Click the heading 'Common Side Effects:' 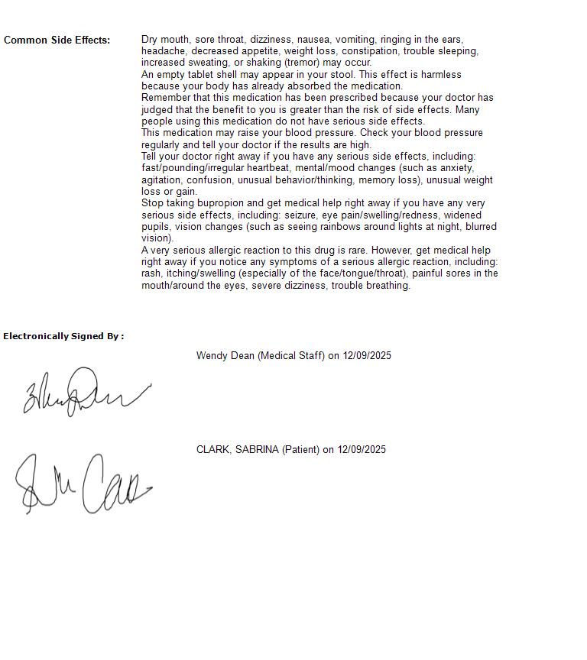coord(57,40)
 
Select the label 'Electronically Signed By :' coord(63,336)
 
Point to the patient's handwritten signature coord(83,484)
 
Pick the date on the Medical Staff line coord(367,355)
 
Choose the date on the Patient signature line coord(362,449)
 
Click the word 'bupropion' coord(213,203)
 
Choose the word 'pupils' coord(156,227)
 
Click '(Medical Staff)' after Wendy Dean coord(290,355)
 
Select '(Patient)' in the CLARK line coord(300,449)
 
